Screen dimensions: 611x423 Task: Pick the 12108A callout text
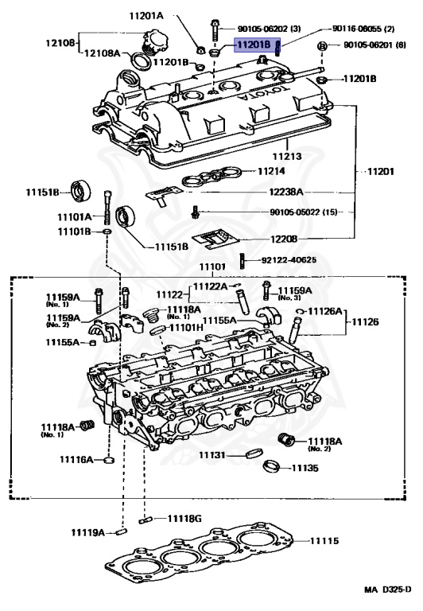[x=103, y=53]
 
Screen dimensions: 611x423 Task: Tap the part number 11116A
[x=76, y=460]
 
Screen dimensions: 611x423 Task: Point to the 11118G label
[x=184, y=519]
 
